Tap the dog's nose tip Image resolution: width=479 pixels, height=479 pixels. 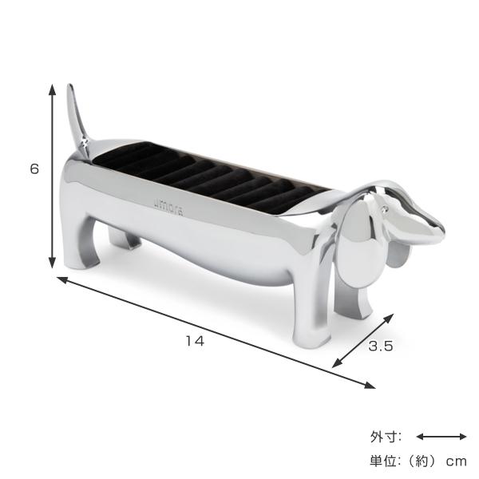click(x=440, y=232)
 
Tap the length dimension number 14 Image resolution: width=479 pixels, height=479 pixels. click(x=194, y=341)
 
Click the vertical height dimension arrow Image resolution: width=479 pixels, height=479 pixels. click(x=52, y=176)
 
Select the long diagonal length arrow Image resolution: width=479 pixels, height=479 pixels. click(x=216, y=331)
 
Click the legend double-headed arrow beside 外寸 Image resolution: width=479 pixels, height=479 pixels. click(x=441, y=437)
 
